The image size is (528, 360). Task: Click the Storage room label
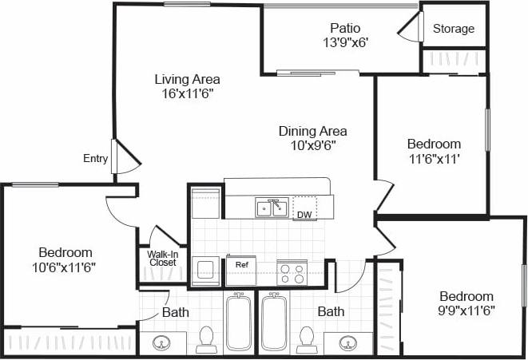(x=454, y=29)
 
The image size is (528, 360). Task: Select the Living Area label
(x=187, y=79)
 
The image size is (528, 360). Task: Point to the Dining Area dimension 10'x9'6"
(x=312, y=145)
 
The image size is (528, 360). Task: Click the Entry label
(x=95, y=159)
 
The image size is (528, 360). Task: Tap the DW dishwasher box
(x=304, y=208)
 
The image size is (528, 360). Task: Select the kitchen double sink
(x=272, y=208)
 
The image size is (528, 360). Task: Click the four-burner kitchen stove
(x=291, y=273)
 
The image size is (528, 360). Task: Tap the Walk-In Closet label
(x=162, y=258)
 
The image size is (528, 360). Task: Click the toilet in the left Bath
(x=207, y=338)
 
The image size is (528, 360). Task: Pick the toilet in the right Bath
(x=306, y=338)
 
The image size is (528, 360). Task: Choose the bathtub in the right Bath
(x=274, y=322)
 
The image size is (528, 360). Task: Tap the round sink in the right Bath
(x=348, y=343)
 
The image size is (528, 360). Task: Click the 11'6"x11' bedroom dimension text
(x=434, y=158)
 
